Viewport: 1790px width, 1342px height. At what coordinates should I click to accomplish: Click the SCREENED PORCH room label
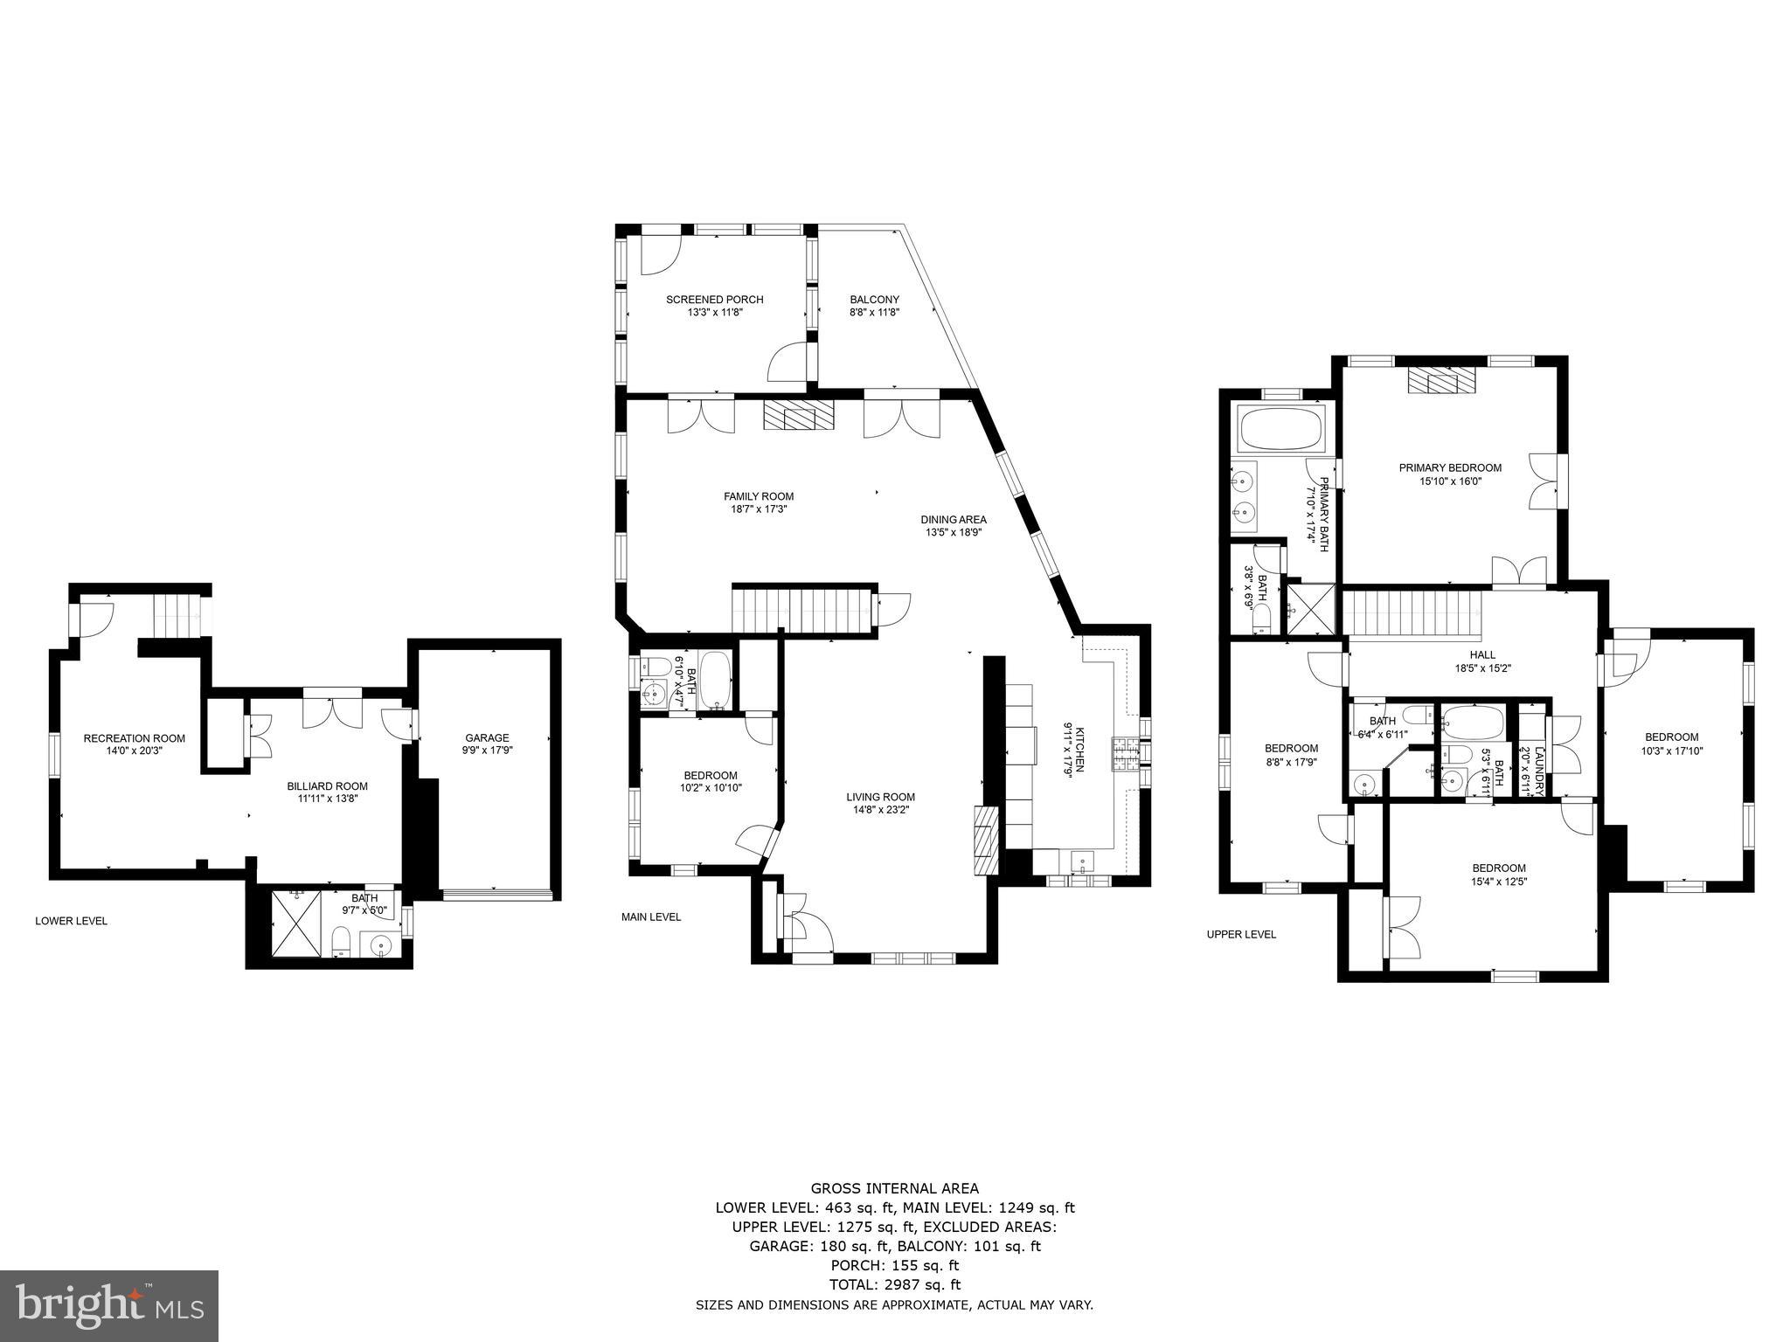click(714, 300)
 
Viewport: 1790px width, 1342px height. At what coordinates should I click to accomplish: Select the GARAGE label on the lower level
click(487, 738)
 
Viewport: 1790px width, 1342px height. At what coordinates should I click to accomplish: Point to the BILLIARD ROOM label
click(327, 786)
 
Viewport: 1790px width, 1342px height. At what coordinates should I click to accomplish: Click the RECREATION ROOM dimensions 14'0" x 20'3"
click(135, 751)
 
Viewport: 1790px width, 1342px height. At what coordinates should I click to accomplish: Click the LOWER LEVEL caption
click(71, 921)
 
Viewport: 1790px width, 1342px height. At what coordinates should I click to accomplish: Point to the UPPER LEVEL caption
click(1241, 934)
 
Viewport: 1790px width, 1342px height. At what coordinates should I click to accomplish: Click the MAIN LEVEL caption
click(650, 917)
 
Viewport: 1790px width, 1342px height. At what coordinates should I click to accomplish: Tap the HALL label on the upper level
click(1482, 654)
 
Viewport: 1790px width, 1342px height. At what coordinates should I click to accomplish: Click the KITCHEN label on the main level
click(1079, 750)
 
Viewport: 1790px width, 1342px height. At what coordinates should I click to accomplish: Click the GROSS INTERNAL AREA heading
click(894, 1188)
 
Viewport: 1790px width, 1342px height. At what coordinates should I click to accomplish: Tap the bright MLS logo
click(109, 1305)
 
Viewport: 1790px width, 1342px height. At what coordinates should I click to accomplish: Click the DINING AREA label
click(953, 519)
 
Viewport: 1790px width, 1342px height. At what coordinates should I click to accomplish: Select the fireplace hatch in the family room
click(799, 415)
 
